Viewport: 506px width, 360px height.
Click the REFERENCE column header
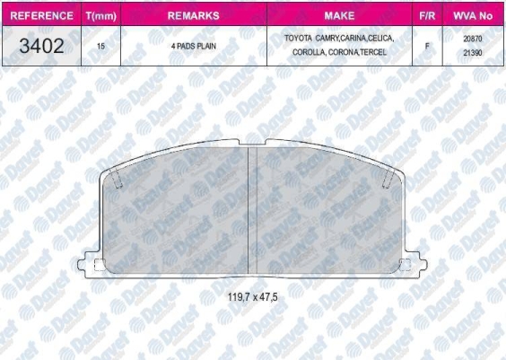(41, 15)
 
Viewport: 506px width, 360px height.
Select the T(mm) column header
(101, 16)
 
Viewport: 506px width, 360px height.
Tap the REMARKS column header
(193, 15)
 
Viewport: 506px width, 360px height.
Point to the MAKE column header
(339, 15)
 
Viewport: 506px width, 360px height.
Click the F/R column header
(427, 15)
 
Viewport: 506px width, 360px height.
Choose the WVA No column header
(473, 15)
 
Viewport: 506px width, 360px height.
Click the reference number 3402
(41, 46)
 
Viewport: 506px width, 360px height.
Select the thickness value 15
(100, 46)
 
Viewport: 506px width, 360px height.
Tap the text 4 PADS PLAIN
(194, 46)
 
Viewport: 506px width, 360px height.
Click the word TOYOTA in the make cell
(298, 39)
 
